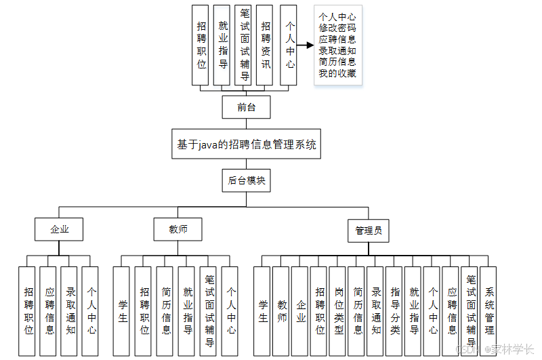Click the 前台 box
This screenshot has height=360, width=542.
point(246,107)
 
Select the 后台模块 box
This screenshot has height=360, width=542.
point(246,180)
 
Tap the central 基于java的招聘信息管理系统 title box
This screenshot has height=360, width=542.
point(246,144)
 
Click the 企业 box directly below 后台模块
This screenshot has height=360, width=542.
point(59,229)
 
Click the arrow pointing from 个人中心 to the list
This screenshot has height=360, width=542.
point(306,45)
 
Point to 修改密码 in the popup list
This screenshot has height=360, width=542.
point(337,28)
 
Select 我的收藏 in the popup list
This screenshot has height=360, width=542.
point(337,73)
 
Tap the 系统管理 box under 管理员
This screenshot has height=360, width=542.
point(489,311)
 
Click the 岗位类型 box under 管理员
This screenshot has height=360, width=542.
point(339,311)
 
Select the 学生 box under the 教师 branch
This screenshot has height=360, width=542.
point(123,311)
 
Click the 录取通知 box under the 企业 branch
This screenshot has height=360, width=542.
point(70,311)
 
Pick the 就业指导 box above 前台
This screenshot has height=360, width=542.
point(223,45)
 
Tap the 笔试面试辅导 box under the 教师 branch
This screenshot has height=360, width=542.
point(209,311)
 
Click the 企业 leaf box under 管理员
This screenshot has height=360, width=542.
point(301,311)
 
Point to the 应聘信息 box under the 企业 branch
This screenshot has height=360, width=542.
point(49,311)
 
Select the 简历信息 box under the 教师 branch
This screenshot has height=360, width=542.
point(166,311)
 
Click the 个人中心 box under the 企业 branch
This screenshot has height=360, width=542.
point(91,311)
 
